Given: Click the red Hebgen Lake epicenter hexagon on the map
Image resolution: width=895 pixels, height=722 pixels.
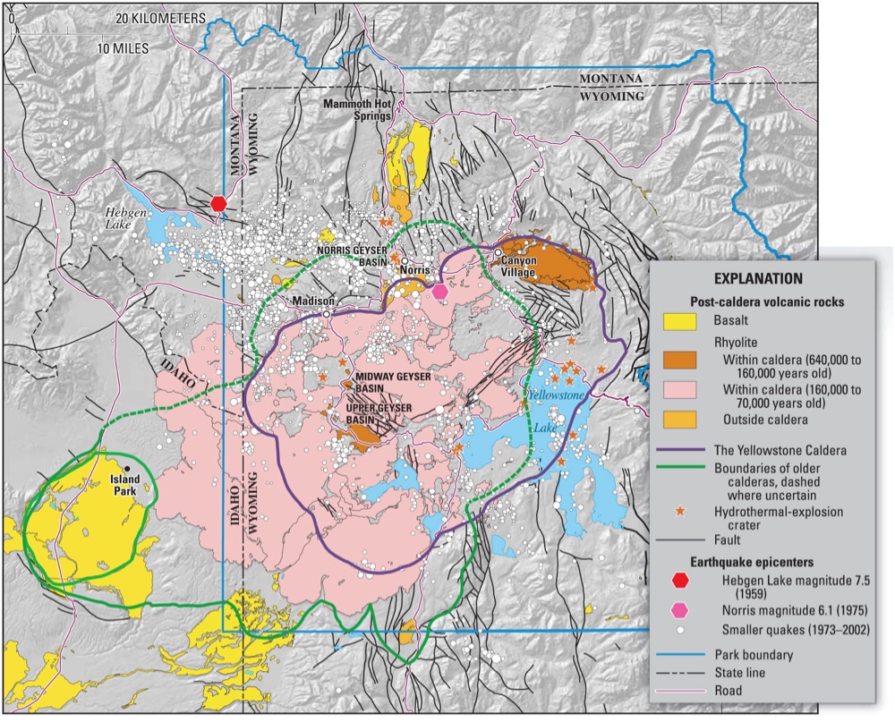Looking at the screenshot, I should [218, 204].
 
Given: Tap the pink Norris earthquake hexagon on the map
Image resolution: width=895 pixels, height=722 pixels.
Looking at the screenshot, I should [439, 291].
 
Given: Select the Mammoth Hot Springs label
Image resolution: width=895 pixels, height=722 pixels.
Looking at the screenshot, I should [359, 110].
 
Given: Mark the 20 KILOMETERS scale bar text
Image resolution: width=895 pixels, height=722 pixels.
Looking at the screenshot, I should [157, 18].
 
